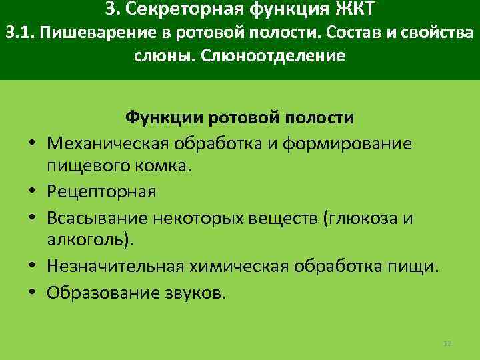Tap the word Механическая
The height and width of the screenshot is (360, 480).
tap(108, 143)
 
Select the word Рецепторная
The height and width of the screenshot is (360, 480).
tap(101, 192)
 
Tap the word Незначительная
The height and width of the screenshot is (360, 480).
tap(113, 267)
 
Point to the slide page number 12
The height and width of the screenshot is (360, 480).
tap(447, 343)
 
